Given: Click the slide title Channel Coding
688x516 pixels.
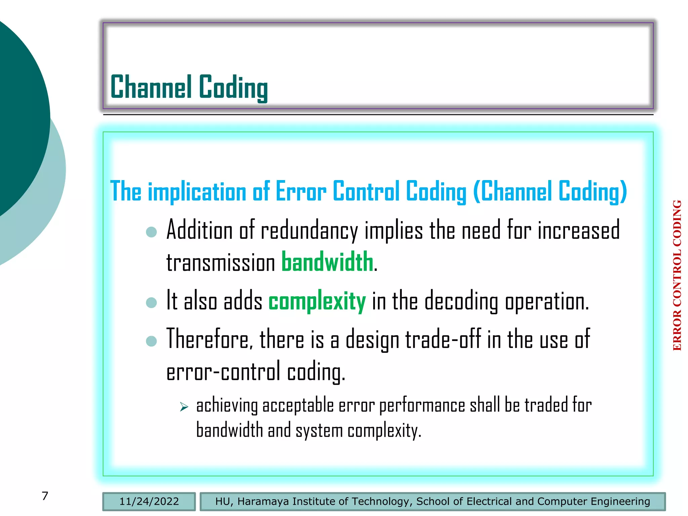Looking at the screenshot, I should tap(189, 87).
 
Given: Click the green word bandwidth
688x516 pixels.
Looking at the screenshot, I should tap(327, 262).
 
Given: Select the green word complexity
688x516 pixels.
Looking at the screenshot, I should tap(317, 301).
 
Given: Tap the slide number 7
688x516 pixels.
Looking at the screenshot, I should tap(45, 496).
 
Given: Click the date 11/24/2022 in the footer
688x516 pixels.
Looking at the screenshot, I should tap(149, 502).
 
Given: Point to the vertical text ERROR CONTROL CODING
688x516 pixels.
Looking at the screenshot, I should tap(677, 275).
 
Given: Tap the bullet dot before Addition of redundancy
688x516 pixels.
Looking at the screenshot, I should tap(152, 232).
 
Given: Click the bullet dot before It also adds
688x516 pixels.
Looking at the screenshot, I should tap(152, 302).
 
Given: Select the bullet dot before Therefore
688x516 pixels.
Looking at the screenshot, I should tap(152, 341).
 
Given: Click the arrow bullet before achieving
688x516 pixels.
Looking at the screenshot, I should tap(184, 407).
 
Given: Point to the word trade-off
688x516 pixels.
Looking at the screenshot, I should tap(443, 339).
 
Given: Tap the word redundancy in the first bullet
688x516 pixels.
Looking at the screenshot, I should tap(309, 231).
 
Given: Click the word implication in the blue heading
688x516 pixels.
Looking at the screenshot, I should tap(197, 191).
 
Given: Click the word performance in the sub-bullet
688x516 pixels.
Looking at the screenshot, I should tap(422, 405).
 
